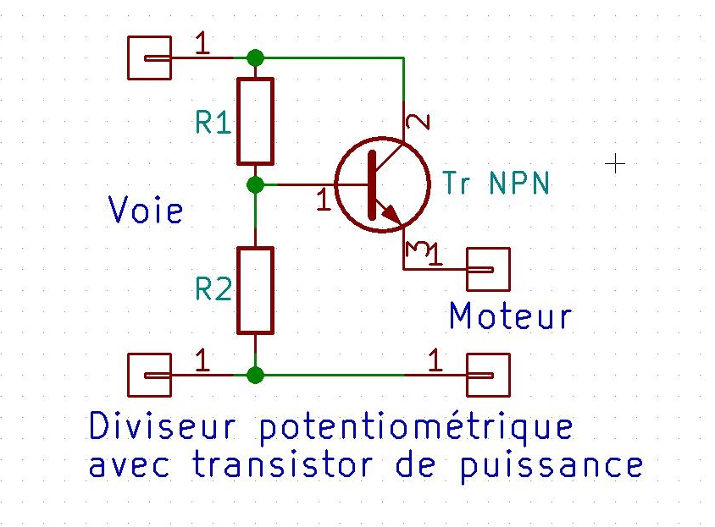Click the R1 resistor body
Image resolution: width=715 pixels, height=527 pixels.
(255, 120)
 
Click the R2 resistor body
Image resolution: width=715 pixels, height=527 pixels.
(255, 290)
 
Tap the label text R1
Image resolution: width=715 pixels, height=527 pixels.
(213, 124)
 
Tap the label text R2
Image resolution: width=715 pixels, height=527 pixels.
(213, 290)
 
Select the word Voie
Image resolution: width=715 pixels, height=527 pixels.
(146, 210)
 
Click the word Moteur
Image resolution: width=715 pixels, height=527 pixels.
(510, 316)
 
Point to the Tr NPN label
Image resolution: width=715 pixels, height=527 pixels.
(496, 184)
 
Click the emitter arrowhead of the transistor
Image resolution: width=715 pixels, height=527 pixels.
(391, 215)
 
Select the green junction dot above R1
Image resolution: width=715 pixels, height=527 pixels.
(255, 58)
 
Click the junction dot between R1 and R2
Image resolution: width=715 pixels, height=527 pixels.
(255, 184)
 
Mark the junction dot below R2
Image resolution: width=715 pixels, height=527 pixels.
(255, 374)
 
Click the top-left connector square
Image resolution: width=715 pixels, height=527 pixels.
(148, 58)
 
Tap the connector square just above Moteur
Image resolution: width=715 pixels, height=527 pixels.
(489, 269)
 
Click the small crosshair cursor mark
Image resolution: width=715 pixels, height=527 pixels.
(616, 163)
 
